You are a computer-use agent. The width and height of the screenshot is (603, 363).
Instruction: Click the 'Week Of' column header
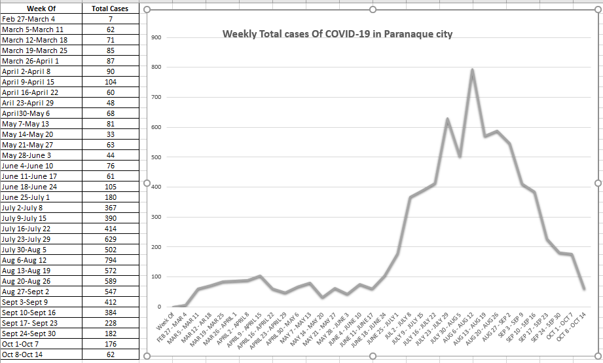coord(41,9)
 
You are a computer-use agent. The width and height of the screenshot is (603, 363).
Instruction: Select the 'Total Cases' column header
coord(111,9)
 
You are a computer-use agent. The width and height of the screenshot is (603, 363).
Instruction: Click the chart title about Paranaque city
coord(337,34)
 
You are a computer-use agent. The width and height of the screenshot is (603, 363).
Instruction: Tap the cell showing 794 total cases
coord(111,260)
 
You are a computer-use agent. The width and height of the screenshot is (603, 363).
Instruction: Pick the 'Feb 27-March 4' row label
coord(29,19)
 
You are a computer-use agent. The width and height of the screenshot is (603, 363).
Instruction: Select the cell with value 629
coord(111,239)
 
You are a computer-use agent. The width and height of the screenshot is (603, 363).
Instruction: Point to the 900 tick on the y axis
coord(156,38)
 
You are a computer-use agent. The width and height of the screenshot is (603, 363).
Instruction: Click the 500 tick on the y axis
coord(156,157)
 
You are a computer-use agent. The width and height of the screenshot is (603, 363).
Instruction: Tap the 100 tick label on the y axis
coord(156,277)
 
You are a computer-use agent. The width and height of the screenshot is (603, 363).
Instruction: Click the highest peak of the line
coord(472,69)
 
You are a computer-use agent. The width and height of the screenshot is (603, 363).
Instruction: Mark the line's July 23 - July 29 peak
coord(447,119)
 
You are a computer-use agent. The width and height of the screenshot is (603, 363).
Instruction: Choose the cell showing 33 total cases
coord(111,134)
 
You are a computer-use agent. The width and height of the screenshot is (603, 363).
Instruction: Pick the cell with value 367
coord(111,208)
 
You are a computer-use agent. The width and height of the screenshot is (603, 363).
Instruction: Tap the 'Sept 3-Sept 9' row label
coord(26,302)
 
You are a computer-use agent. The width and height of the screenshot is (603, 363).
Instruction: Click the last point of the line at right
coord(584,288)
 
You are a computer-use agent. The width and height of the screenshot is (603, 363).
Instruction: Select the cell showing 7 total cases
coord(111,19)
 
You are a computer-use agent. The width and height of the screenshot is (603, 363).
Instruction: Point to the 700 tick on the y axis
coord(156,98)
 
